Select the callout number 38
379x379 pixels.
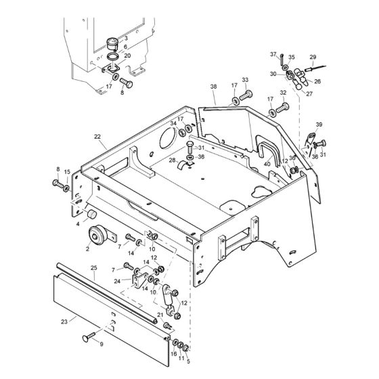coord(213,87)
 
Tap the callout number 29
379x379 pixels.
coord(332,57)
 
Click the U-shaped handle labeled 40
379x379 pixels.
coord(269,152)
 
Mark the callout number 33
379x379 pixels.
coord(245,80)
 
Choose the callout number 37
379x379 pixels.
coord(274,55)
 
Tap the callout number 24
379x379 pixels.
coord(118,280)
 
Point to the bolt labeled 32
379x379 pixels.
coord(283,105)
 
